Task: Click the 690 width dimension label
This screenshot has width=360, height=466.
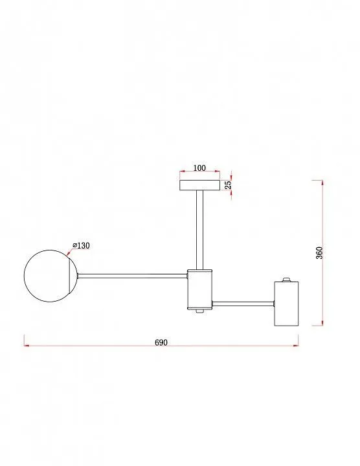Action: [x=161, y=342]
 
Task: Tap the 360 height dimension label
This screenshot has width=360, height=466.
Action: [x=319, y=253]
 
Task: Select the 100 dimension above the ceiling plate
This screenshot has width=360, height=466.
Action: [x=199, y=168]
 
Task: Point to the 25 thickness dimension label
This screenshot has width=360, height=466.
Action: [x=228, y=185]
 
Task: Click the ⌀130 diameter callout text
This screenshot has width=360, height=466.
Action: [x=81, y=245]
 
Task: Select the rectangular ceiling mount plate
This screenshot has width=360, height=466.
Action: [x=200, y=185]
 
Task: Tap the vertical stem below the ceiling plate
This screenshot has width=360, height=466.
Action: [x=200, y=230]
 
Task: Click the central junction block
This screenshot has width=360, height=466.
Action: [x=199, y=289]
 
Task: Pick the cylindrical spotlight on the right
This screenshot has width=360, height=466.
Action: [x=286, y=303]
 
